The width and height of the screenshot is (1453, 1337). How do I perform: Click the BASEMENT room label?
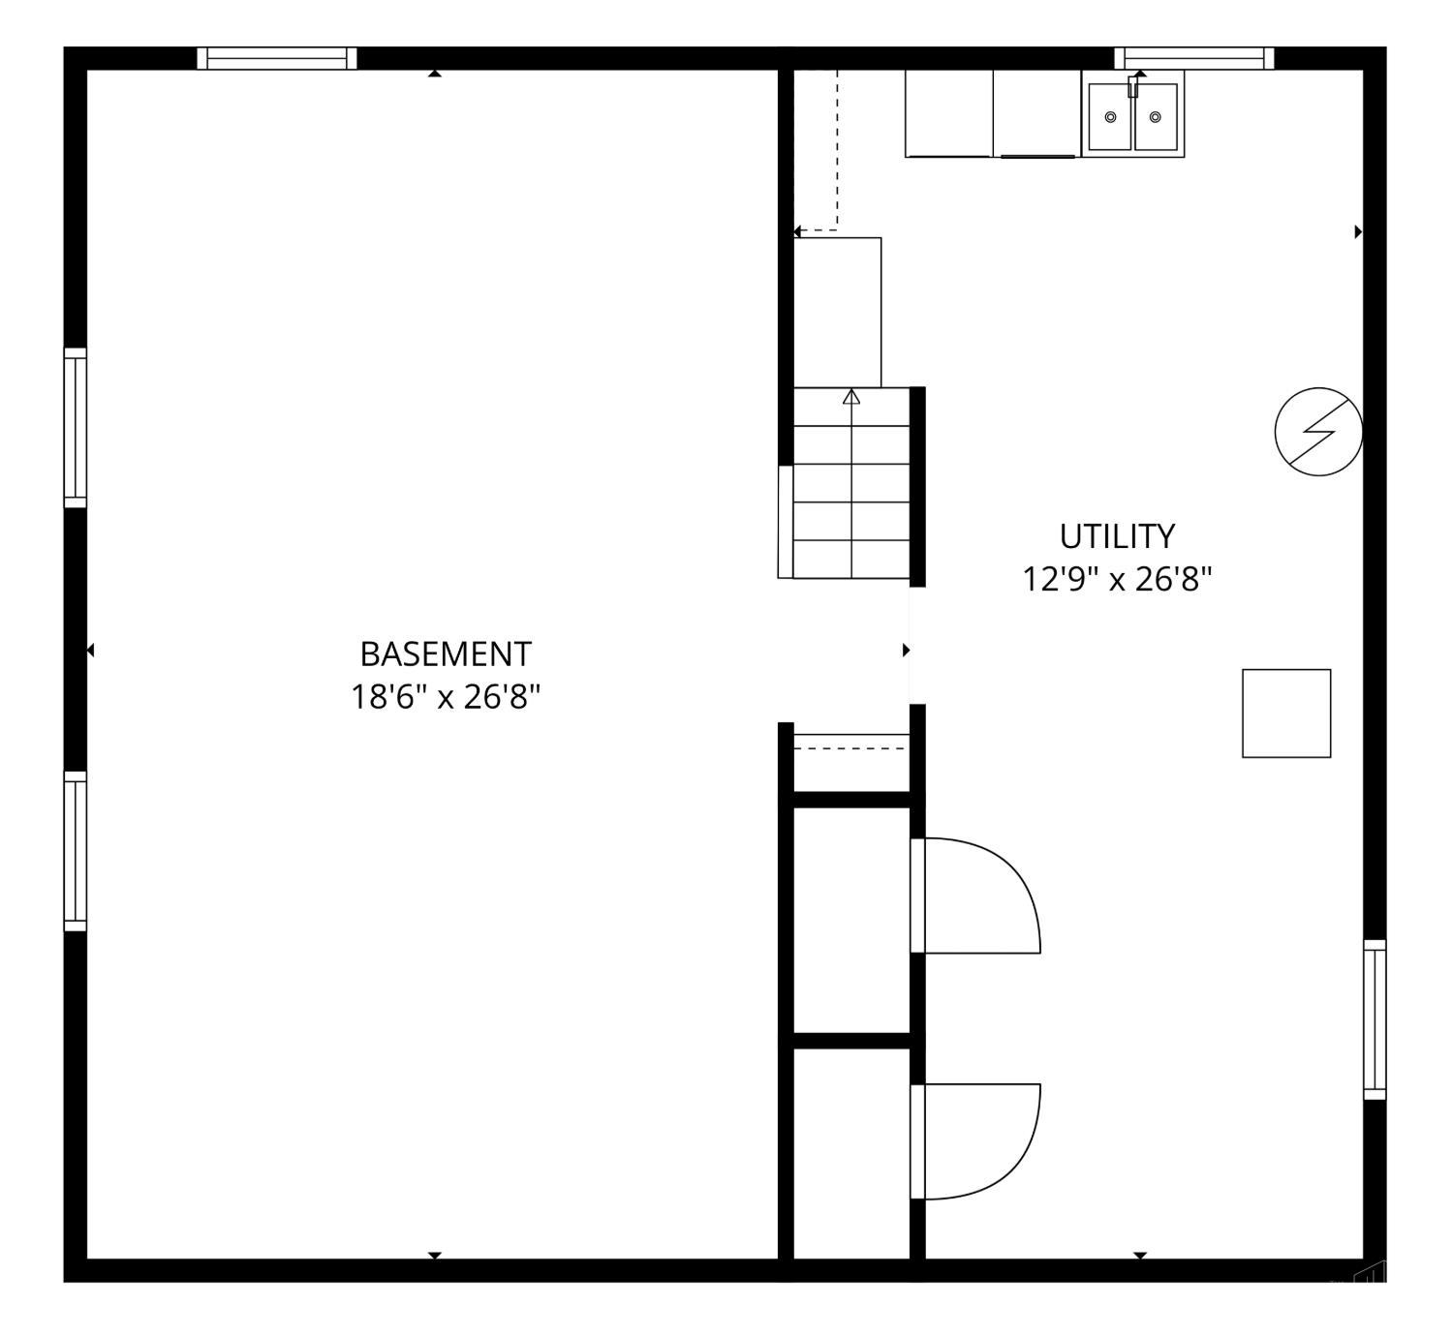pyautogui.click(x=446, y=654)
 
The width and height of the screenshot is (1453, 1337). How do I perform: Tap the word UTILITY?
pyautogui.click(x=1117, y=536)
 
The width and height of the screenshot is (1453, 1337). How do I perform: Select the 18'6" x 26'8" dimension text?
pyautogui.click(x=446, y=697)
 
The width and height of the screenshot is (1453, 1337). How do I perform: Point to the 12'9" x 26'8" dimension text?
pyautogui.click(x=1117, y=579)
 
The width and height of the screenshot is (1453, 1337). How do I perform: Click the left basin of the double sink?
pyautogui.click(x=1110, y=116)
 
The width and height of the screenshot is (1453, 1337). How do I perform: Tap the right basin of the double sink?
pyautogui.click(x=1156, y=116)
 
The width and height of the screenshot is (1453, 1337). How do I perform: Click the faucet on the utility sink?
pyautogui.click(x=1132, y=86)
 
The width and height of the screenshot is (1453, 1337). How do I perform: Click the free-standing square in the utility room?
pyautogui.click(x=1286, y=714)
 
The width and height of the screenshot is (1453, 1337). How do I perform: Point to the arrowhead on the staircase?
pyautogui.click(x=851, y=396)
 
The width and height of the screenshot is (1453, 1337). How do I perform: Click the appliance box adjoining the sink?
pyautogui.click(x=1037, y=113)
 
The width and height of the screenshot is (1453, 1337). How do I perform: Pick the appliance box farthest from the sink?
pyautogui.click(x=949, y=113)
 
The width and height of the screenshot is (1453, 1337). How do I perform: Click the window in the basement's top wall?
pyautogui.click(x=277, y=59)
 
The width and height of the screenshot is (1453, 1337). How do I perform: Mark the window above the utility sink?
pyautogui.click(x=1193, y=59)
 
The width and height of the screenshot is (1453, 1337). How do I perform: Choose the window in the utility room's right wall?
pyautogui.click(x=1375, y=1019)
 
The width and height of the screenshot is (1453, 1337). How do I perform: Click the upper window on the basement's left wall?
pyautogui.click(x=76, y=428)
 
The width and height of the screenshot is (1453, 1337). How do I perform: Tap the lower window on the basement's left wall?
pyautogui.click(x=76, y=851)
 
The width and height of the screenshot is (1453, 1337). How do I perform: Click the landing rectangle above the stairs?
pyautogui.click(x=837, y=312)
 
